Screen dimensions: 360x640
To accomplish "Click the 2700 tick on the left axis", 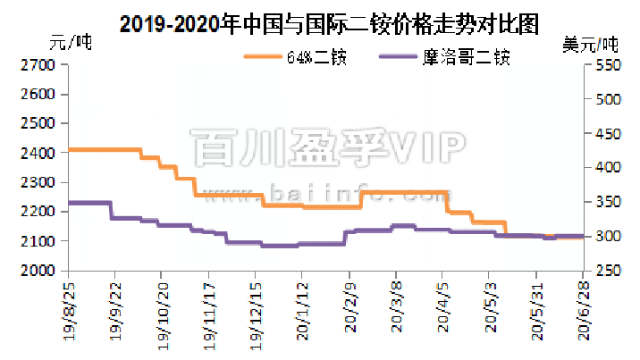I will (37, 65).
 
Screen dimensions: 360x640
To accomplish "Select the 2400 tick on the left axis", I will (37, 153).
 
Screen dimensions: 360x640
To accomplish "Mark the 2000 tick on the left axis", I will (37, 271).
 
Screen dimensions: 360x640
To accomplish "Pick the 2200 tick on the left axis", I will (37, 212).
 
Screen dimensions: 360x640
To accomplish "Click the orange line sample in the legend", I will (263, 58).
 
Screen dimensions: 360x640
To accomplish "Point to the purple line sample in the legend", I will (401, 58).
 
